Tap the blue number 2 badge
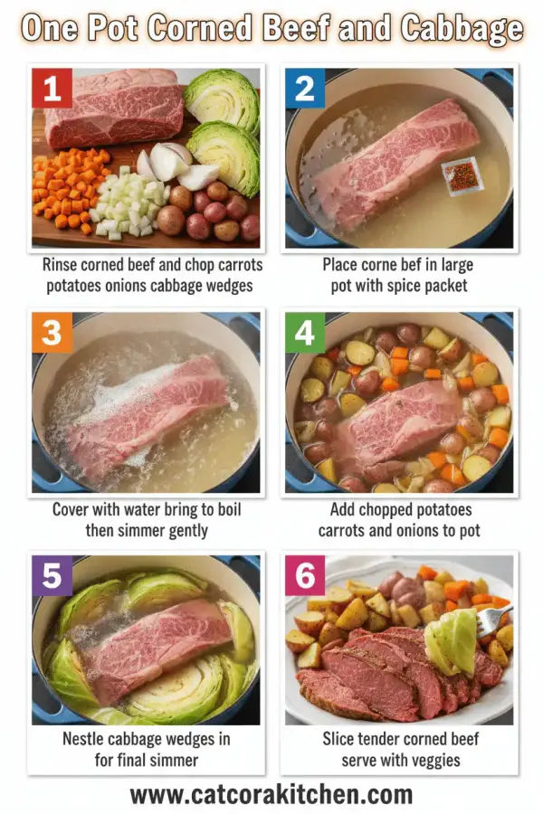point(304,89)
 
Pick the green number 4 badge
point(304,333)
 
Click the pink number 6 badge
point(304,576)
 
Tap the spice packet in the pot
point(462,175)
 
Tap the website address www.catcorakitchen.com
point(271,794)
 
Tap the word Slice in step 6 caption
point(340,739)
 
